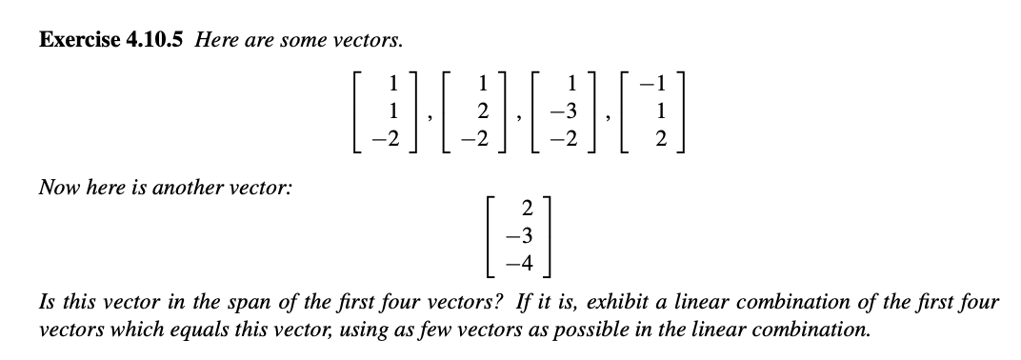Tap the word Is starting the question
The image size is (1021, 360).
(x=44, y=304)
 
